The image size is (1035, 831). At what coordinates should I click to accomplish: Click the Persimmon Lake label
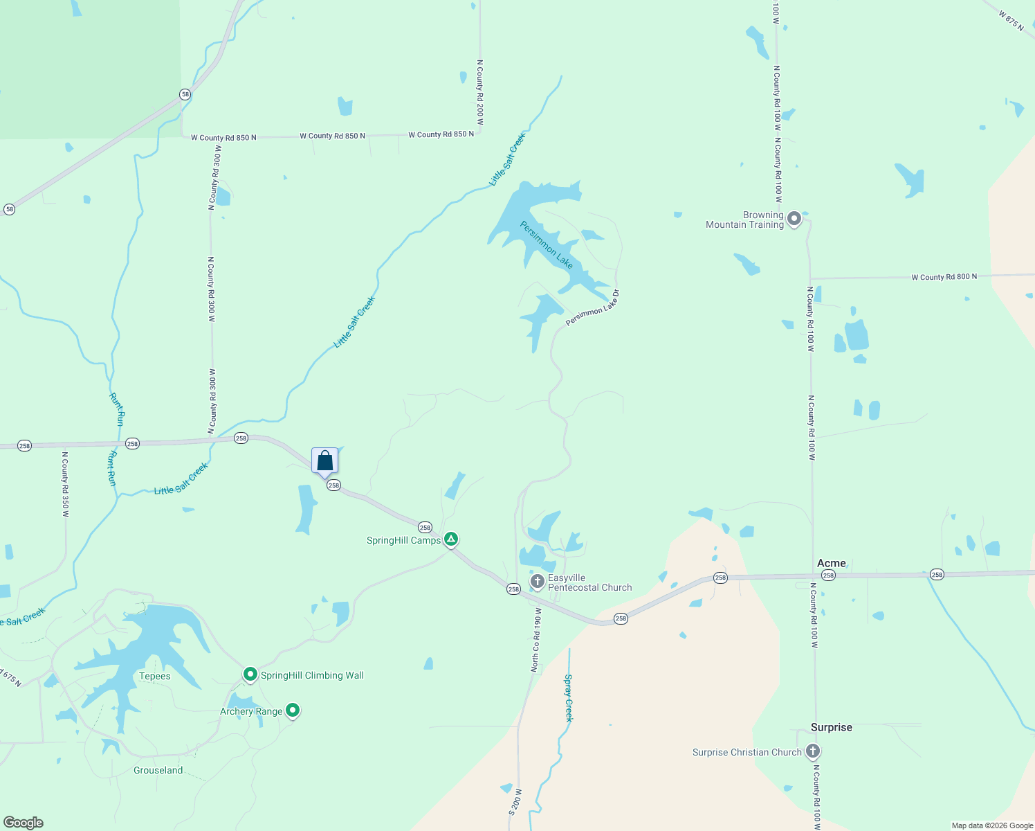point(547,245)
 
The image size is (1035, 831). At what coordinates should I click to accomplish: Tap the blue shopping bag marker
point(325,461)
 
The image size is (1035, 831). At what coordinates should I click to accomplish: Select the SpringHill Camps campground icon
point(451,539)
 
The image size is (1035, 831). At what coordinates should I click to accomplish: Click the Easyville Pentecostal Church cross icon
point(538,582)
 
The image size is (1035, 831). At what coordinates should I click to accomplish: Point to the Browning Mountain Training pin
point(794,219)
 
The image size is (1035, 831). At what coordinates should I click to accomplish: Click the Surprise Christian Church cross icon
point(813,751)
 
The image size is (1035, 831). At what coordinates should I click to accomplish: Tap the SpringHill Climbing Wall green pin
point(250,674)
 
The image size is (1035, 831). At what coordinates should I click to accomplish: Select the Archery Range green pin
point(293,710)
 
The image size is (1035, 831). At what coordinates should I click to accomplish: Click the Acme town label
point(831,563)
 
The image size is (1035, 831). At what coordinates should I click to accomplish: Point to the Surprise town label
point(831,727)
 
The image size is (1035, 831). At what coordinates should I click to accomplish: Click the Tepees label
point(154,677)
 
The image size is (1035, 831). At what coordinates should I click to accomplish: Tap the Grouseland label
point(158,770)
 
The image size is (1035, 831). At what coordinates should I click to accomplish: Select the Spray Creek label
point(569,698)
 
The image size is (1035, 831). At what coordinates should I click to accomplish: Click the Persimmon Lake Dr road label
point(593,308)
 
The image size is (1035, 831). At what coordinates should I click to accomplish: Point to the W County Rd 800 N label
point(944,277)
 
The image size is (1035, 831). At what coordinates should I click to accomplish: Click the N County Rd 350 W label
point(65,485)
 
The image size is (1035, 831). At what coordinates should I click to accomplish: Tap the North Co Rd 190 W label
point(536,640)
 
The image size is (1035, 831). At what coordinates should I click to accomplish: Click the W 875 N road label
point(1011,19)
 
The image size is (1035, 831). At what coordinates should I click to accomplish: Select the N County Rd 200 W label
point(480,92)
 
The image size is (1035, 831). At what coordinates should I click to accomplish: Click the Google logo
point(23,823)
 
